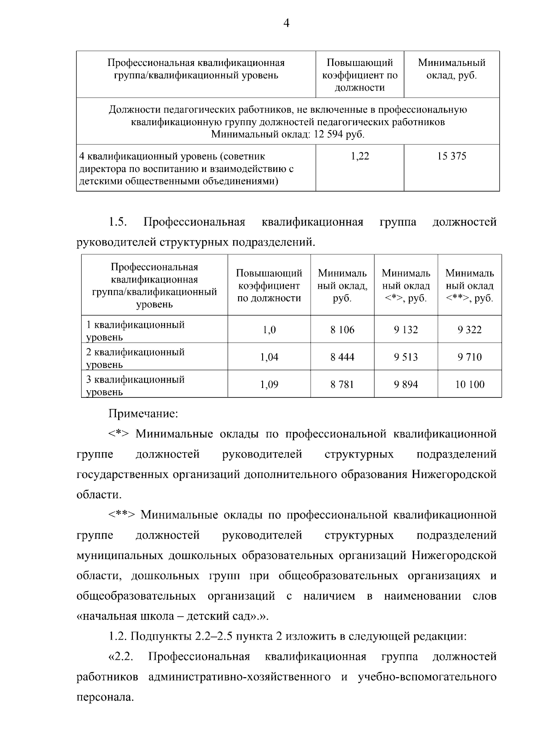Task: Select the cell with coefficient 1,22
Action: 360,156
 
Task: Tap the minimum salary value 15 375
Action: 452,156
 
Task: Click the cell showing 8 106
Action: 342,330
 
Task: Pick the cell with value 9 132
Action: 406,330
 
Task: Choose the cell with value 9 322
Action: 469,330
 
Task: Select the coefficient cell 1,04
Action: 269,357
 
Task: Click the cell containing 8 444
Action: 342,357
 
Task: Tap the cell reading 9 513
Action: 406,357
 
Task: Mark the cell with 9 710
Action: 469,357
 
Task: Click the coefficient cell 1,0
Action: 269,330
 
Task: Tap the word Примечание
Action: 143,414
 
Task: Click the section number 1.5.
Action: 118,222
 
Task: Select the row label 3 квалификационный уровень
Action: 135,385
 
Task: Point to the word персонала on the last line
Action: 105,697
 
